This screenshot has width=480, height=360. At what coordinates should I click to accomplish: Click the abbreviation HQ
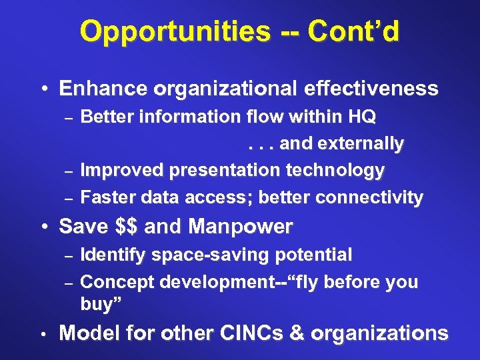tap(361, 117)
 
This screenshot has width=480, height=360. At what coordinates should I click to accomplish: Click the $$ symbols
tap(126, 227)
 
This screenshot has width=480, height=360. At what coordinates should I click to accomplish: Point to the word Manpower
tap(240, 227)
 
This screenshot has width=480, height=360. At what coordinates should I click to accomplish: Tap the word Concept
tap(114, 282)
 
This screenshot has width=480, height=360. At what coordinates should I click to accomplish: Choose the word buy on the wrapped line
tap(96, 304)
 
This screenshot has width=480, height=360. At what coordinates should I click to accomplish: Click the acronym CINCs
tap(239, 333)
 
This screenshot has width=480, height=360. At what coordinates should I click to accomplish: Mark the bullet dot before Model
tap(43, 333)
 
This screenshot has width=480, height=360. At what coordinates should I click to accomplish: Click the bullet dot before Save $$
tap(43, 227)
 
